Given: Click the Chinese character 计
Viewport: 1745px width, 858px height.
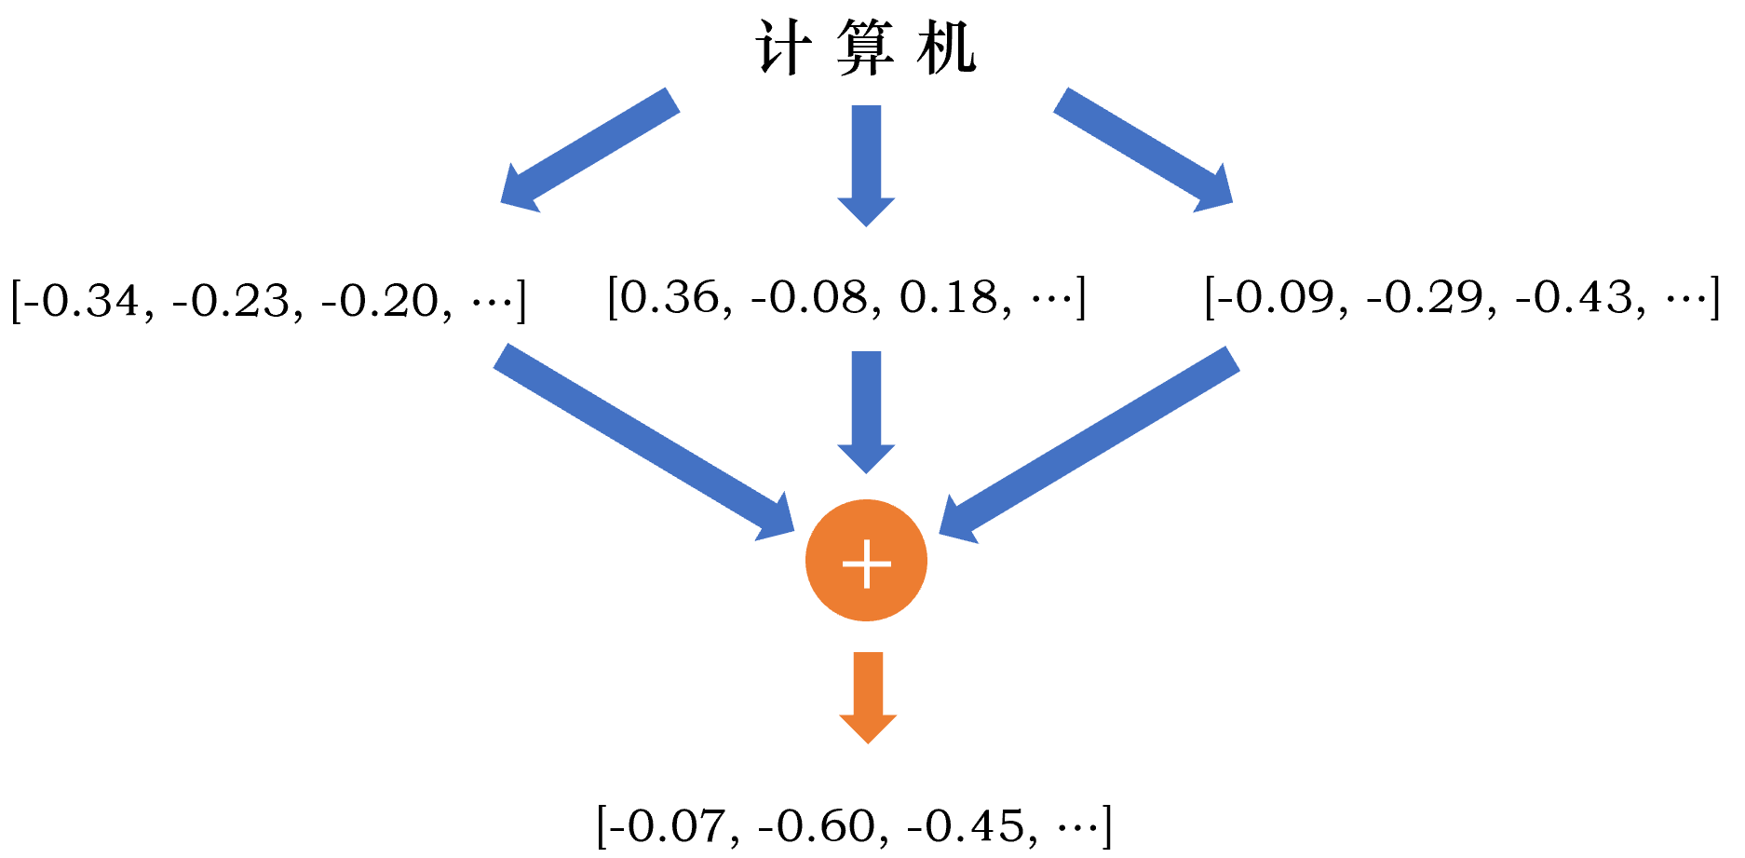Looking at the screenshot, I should (x=782, y=48).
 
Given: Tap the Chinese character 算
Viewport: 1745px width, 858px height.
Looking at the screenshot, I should (x=865, y=48).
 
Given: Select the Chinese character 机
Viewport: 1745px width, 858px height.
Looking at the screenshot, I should (x=946, y=48).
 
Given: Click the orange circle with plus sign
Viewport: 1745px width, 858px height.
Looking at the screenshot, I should (x=866, y=561).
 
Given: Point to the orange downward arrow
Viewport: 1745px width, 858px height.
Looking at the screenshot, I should (x=868, y=696).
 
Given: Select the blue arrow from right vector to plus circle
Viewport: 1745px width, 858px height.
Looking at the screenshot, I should (x=1089, y=443).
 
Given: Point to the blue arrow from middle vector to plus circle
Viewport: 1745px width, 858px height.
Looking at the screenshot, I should (x=866, y=410).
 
